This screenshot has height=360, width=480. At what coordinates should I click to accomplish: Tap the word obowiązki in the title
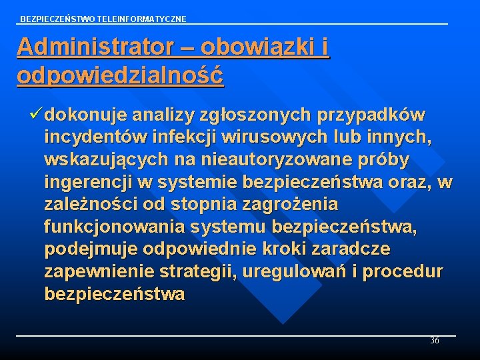point(255,47)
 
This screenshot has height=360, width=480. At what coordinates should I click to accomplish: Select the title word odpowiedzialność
point(120,75)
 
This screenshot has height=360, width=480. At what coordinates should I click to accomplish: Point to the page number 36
point(435,341)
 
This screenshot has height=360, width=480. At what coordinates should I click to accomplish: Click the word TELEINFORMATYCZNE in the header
point(145,19)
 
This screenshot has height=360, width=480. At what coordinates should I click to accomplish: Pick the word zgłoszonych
point(257,115)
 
